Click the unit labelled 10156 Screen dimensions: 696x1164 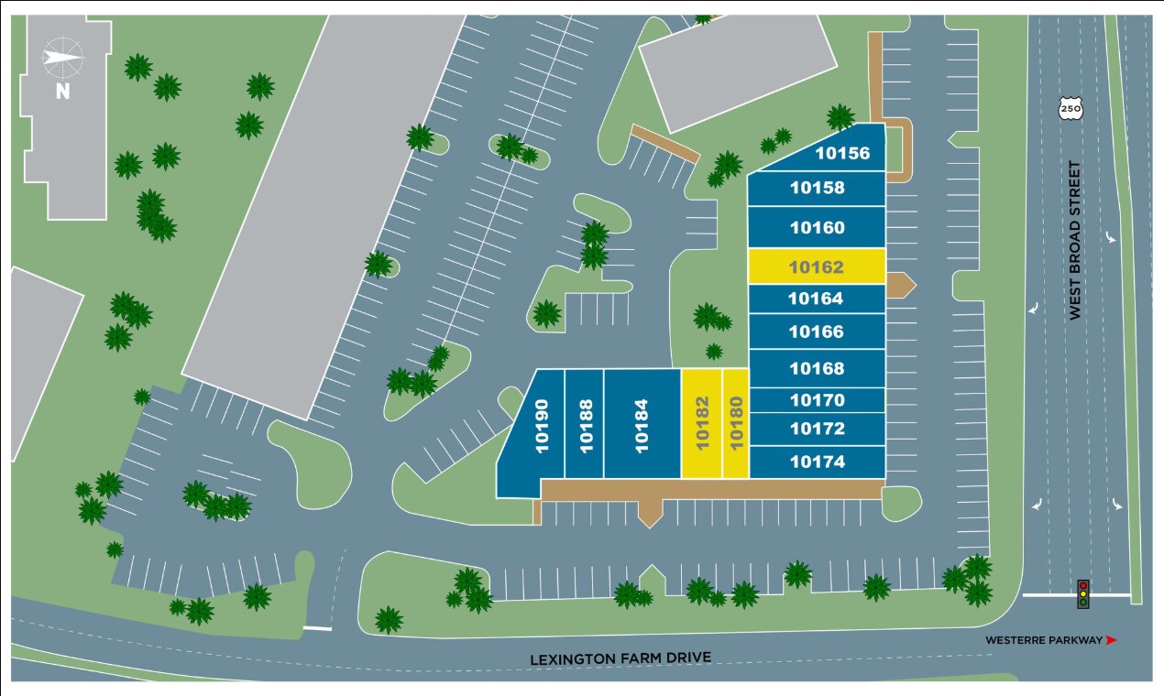[x=841, y=153]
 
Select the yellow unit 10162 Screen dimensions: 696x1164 [x=816, y=266]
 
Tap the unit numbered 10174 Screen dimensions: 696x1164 [x=817, y=462]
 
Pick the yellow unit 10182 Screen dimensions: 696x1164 [x=702, y=423]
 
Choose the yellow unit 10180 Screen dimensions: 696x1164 [x=735, y=423]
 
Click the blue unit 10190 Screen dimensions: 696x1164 [x=541, y=423]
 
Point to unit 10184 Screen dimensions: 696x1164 [x=642, y=423]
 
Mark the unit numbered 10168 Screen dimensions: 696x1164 [x=817, y=368]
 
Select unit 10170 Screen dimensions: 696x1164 [x=817, y=400]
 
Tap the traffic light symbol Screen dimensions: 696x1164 [x=1082, y=593]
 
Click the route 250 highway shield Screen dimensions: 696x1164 [x=1070, y=109]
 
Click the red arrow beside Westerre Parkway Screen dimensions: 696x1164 [x=1112, y=640]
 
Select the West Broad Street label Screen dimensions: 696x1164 [x=1075, y=241]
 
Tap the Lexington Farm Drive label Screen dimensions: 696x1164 [x=620, y=658]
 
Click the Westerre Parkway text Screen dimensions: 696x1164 [x=1044, y=640]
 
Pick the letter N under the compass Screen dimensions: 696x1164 [x=62, y=91]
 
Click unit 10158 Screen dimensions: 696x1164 [x=817, y=188]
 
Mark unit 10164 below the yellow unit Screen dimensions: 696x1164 [x=816, y=299]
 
